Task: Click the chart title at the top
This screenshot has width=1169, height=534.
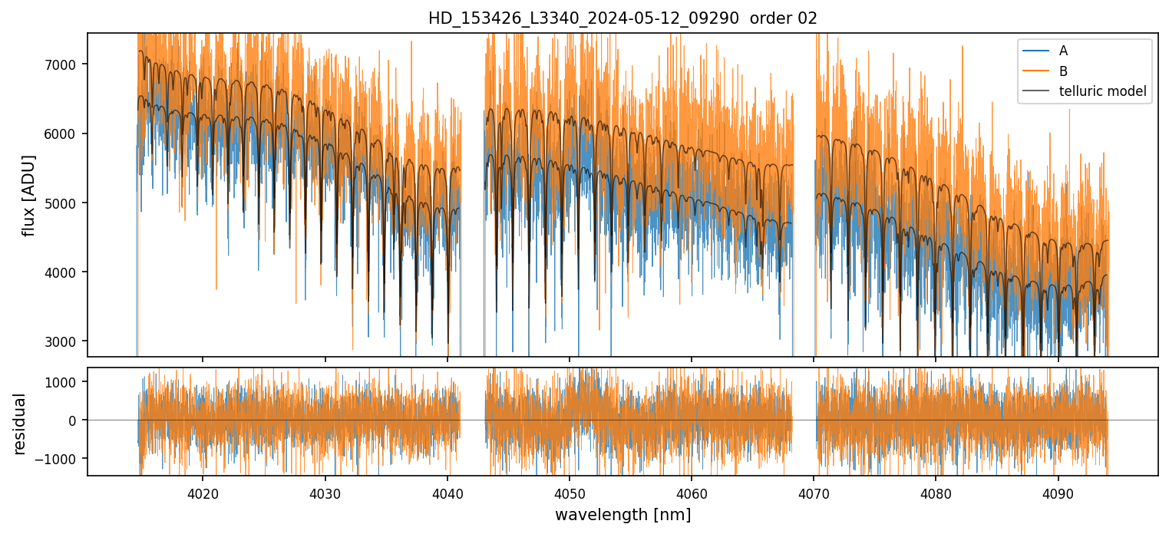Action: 622,18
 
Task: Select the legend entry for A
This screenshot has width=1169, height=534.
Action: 1063,51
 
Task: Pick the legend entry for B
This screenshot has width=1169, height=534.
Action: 1063,71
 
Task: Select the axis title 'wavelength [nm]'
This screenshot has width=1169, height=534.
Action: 622,514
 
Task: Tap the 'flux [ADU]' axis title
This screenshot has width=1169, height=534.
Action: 29,195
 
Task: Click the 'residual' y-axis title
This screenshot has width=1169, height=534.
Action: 20,424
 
